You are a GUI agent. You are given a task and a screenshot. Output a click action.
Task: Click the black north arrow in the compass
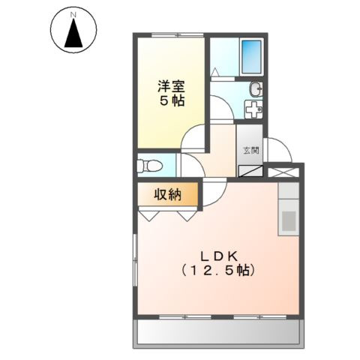point(73,34)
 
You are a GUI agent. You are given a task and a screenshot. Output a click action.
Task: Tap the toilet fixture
point(151,166)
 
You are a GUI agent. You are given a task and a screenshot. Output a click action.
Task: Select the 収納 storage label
point(169,195)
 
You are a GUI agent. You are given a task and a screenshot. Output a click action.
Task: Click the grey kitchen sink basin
point(288,221)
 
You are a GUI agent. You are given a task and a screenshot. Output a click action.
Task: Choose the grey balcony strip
point(220,332)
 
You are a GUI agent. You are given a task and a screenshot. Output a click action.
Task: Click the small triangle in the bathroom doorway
point(216,73)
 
